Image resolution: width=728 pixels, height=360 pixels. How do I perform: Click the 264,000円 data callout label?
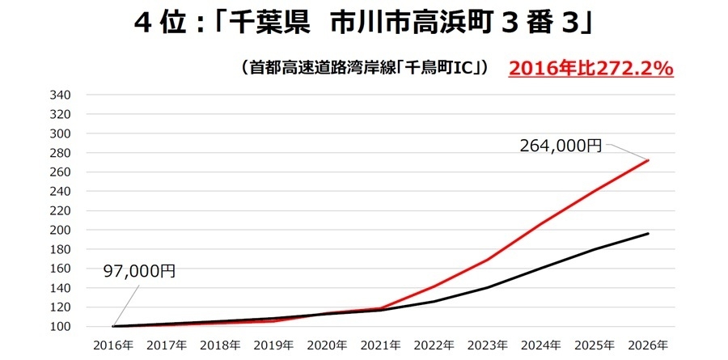coord(561,146)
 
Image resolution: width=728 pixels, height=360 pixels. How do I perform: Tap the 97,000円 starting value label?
coord(139,271)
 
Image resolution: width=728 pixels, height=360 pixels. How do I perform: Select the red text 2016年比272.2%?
coord(591,69)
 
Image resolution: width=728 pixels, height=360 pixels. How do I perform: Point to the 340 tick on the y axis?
coord(61,95)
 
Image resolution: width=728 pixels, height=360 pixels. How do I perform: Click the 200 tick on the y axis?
coord(61,230)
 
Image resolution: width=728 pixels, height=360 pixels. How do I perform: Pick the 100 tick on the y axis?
coord(61,327)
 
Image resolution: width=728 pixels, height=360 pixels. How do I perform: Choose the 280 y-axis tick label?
coord(61,153)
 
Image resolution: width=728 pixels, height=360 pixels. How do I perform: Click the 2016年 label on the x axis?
coord(114,345)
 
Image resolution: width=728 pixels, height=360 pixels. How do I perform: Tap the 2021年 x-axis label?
coord(381,345)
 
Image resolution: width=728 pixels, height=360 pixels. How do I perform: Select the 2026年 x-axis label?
coord(648,345)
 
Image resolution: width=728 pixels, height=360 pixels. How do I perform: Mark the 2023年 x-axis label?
coord(488,345)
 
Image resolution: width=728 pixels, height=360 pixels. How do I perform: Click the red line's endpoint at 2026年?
coord(648,160)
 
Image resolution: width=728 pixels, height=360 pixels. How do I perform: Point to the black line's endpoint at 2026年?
coord(648,233)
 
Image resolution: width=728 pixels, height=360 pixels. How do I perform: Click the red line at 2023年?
coord(488,259)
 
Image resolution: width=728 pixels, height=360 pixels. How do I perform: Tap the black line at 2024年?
coord(541,268)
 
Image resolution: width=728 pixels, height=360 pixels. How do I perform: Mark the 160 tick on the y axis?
coord(61,269)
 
